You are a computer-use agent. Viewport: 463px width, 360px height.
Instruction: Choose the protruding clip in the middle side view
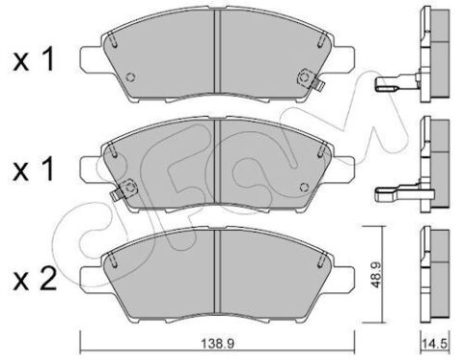pyautogui.click(x=391, y=190)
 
